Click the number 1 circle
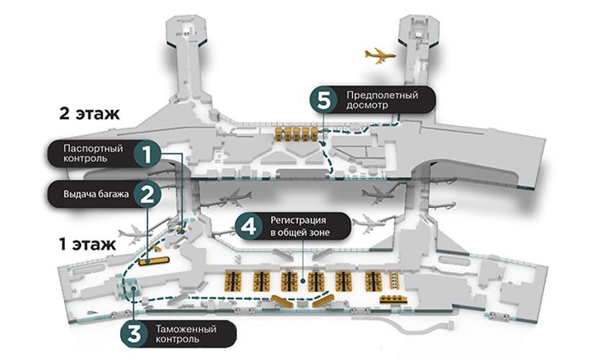[147, 153]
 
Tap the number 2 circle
[147, 194]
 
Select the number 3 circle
[134, 333]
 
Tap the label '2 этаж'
[89, 113]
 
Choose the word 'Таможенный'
[184, 328]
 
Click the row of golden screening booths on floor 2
[296, 134]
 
